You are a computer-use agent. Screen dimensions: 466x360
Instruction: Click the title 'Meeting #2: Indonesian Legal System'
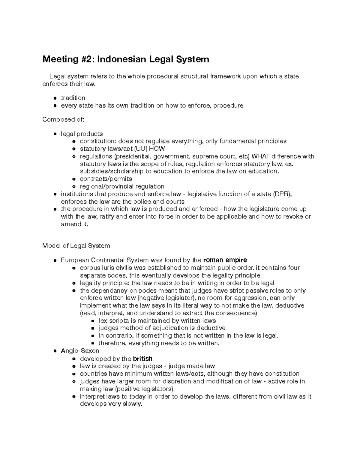pyautogui.click(x=126, y=59)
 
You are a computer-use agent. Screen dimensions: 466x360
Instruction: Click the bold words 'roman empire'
pyautogui.click(x=225, y=260)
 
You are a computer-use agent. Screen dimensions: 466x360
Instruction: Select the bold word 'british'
pyautogui.click(x=142, y=359)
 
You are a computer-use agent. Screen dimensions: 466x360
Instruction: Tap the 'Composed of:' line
pyautogui.click(x=63, y=119)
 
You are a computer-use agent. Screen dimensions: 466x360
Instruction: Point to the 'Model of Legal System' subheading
pyautogui.click(x=76, y=246)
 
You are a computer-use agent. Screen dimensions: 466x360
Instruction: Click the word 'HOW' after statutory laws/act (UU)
pyautogui.click(x=157, y=149)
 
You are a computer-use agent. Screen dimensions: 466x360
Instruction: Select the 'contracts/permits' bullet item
pyautogui.click(x=106, y=179)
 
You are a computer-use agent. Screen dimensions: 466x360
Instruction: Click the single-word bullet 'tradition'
pyautogui.click(x=73, y=98)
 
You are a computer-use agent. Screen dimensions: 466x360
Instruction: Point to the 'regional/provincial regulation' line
pyautogui.click(x=122, y=186)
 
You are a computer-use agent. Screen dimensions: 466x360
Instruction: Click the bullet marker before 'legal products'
pyautogui.click(x=55, y=134)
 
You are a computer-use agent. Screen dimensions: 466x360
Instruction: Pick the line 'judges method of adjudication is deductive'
pyautogui.click(x=162, y=328)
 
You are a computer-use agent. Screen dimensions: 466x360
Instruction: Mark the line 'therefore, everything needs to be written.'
pyautogui.click(x=159, y=343)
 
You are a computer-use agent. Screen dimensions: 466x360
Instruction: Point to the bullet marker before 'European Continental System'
pyautogui.click(x=55, y=260)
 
